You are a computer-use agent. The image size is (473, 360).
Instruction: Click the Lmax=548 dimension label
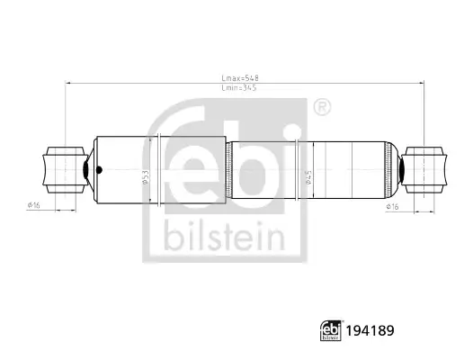[x=240, y=78]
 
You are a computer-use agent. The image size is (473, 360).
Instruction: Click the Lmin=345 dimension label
[x=239, y=88]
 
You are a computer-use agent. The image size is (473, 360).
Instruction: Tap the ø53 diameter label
[x=146, y=177]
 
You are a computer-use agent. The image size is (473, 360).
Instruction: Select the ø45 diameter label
[x=308, y=177]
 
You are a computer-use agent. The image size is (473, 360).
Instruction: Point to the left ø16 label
[x=34, y=205]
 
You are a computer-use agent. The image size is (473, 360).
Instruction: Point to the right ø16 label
[x=392, y=207]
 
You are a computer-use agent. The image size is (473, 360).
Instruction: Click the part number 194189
[x=370, y=330]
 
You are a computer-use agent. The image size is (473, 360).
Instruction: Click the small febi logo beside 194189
[x=331, y=330]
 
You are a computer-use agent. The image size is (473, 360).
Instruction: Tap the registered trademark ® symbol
[x=322, y=107]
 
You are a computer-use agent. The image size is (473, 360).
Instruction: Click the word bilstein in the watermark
[x=225, y=236]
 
